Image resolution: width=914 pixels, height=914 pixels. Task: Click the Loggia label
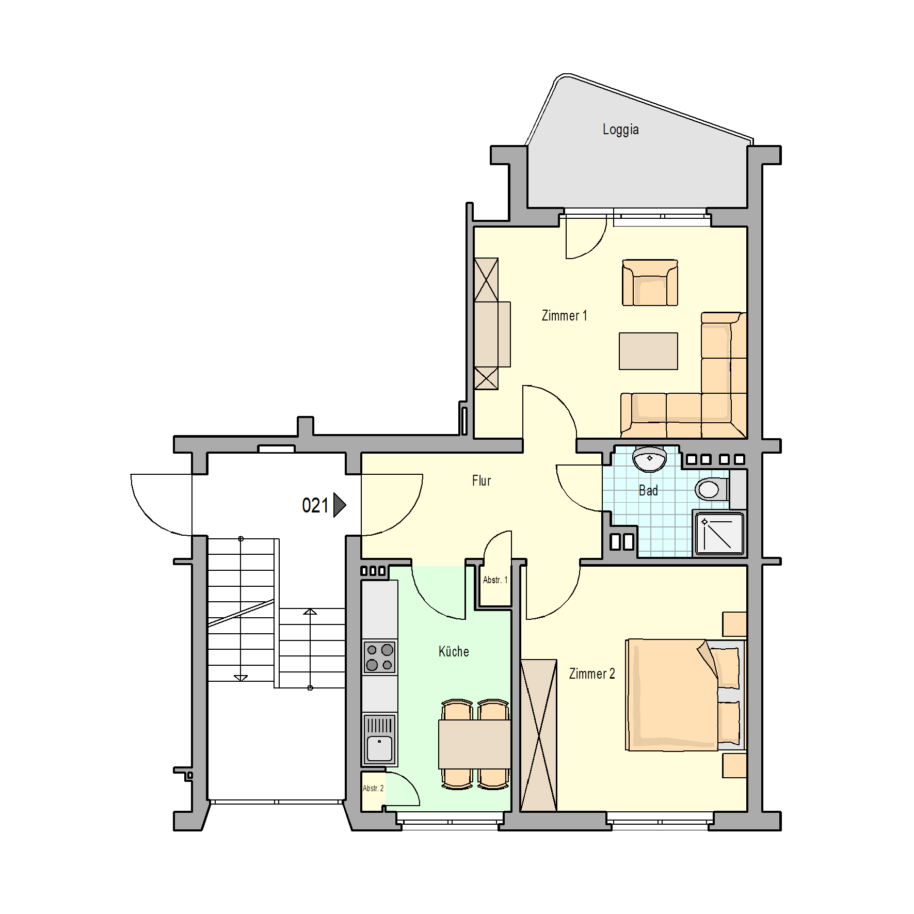(620, 130)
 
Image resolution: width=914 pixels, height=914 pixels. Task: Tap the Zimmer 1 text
(564, 315)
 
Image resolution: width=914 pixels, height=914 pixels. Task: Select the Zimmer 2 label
(592, 674)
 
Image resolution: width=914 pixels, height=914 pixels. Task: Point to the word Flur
(482, 480)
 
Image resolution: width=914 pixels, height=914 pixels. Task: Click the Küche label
(454, 651)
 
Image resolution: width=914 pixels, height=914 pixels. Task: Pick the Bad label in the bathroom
(648, 490)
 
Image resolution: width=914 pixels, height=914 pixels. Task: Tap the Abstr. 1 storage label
(495, 580)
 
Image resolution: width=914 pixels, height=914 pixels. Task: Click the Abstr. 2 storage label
(373, 788)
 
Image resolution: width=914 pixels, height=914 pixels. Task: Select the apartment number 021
(315, 505)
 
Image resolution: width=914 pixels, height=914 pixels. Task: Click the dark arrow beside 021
(339, 505)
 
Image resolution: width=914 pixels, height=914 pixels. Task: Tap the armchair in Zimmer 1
(650, 283)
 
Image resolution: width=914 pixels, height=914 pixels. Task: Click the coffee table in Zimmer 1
(648, 351)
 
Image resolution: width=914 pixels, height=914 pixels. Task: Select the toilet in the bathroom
(712, 489)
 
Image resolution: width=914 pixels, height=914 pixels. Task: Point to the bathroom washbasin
(649, 459)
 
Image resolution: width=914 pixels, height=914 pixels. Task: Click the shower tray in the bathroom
(719, 534)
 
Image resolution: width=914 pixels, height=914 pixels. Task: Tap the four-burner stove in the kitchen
(379, 657)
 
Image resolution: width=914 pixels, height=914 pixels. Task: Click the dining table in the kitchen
(474, 744)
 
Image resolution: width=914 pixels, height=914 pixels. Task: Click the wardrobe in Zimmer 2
(538, 735)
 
